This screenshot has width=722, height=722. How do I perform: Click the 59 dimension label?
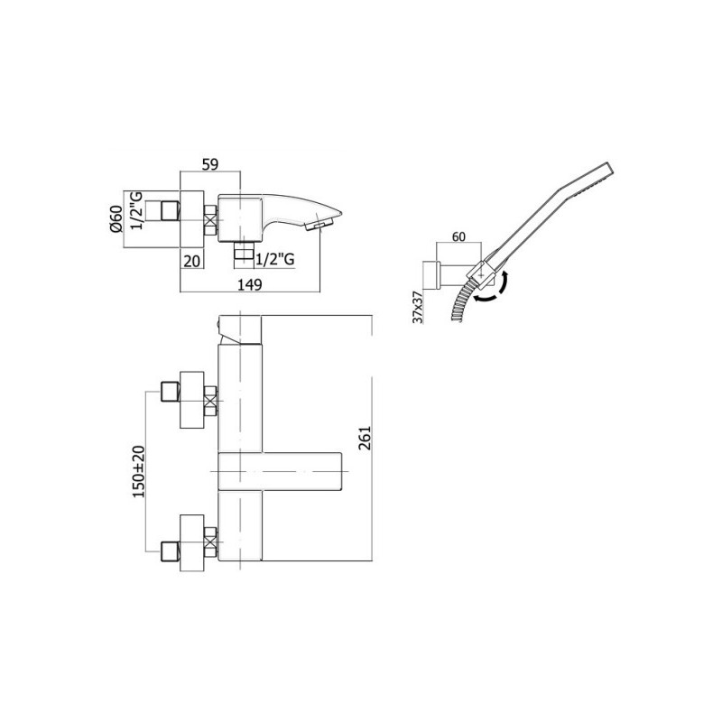coord(210,164)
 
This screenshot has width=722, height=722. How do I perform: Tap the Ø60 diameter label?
coord(116,218)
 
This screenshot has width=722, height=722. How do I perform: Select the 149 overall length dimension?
coord(250,284)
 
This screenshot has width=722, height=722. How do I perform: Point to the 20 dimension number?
coord(192,261)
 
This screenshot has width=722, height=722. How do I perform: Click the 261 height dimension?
coord(365,438)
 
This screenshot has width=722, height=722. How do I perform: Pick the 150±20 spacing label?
coord(139,471)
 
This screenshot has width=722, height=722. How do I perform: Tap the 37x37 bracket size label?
coord(418,307)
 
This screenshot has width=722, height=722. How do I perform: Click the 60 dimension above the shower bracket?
coord(458,236)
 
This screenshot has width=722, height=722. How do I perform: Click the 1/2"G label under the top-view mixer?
coord(275,260)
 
